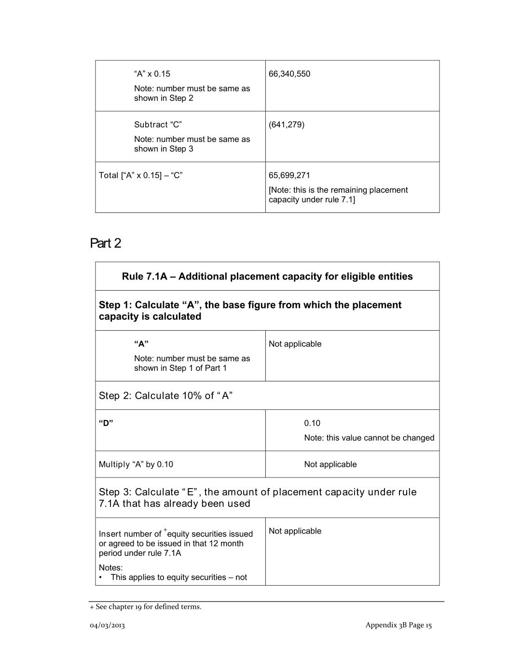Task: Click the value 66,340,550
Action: (x=289, y=74)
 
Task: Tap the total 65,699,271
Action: (x=289, y=175)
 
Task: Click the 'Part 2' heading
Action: (x=106, y=243)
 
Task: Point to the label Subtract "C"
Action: (x=158, y=125)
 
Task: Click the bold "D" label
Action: (x=106, y=423)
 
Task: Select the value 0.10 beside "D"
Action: (x=312, y=423)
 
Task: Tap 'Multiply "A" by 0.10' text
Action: (x=136, y=464)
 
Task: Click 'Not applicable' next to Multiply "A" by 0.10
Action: (x=330, y=464)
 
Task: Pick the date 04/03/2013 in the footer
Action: (x=107, y=625)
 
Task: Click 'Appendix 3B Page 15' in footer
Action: (x=399, y=625)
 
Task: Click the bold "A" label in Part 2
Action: (x=141, y=344)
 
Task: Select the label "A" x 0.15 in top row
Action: (x=152, y=74)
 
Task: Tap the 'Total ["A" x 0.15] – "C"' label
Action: (x=140, y=175)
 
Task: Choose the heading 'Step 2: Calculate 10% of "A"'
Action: (x=165, y=396)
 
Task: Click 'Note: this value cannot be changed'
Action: (x=369, y=438)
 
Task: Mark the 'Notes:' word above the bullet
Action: (x=110, y=568)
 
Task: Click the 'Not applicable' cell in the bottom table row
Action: (x=295, y=531)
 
